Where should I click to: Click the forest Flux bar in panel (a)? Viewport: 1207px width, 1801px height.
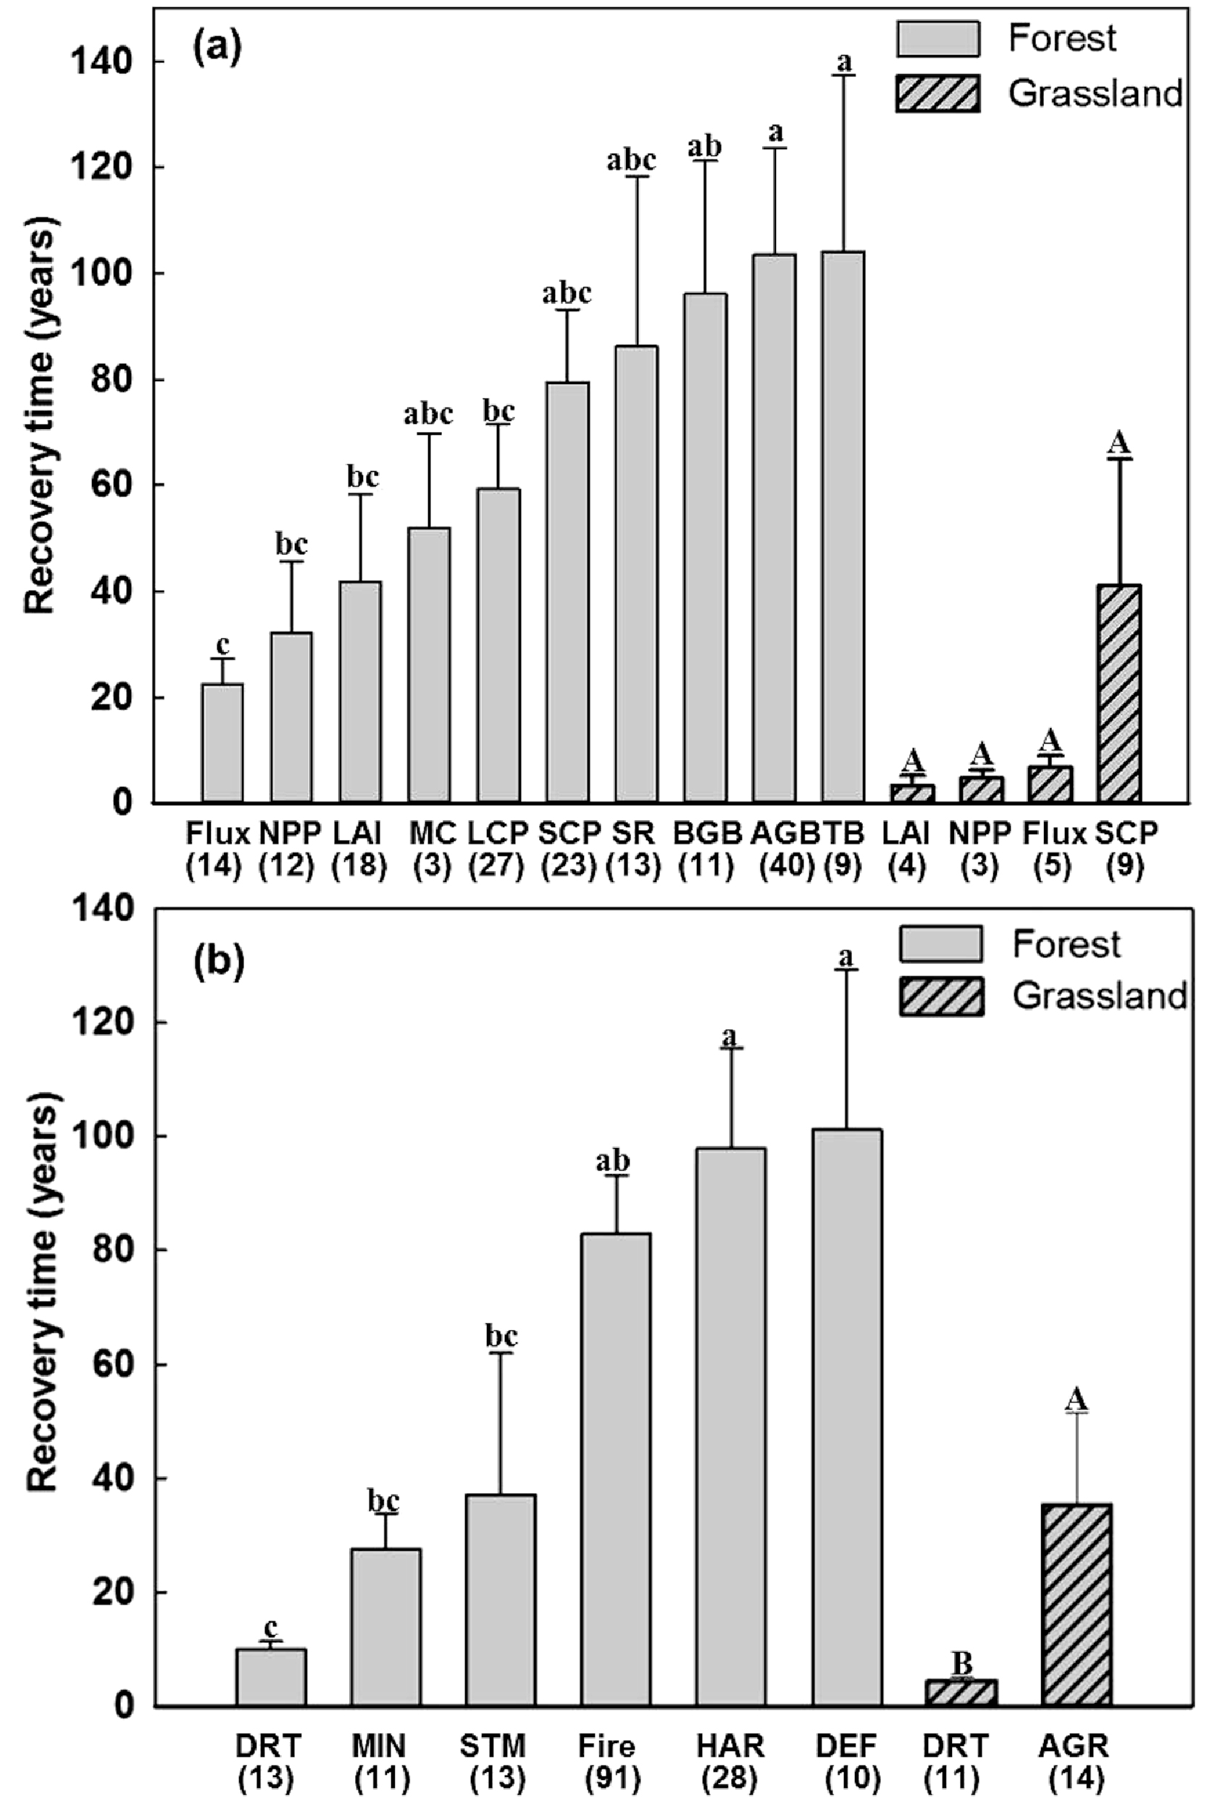point(222,742)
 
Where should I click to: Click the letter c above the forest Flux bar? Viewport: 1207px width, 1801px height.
point(223,644)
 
